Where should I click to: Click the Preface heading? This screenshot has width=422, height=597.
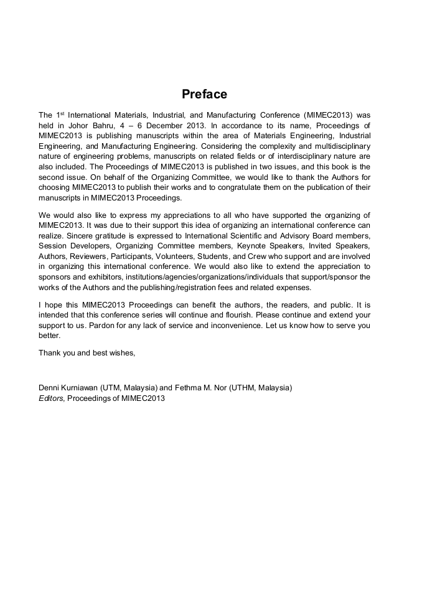(x=204, y=95)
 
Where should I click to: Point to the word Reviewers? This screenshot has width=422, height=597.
(x=91, y=256)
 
